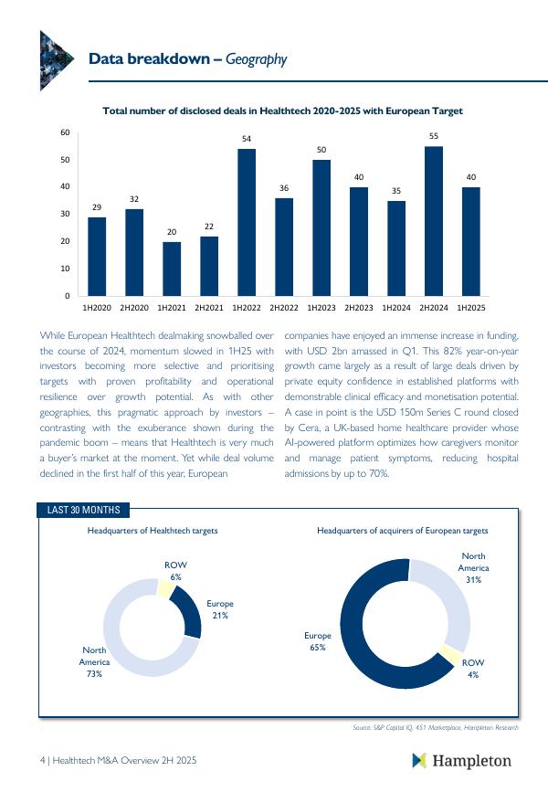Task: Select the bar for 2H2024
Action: click(434, 221)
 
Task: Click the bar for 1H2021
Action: click(172, 269)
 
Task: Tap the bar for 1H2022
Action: click(247, 222)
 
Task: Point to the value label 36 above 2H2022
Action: click(284, 188)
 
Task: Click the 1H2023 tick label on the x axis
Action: click(321, 308)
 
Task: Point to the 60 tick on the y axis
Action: click(65, 132)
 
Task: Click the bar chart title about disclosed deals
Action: click(283, 111)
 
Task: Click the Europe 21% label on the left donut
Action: click(219, 609)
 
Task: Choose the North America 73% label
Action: click(94, 661)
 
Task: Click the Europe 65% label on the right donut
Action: click(318, 640)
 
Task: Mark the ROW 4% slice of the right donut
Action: click(449, 654)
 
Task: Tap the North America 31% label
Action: click(473, 567)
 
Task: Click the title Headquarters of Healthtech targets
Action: click(153, 531)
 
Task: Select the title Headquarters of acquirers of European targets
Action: click(402, 531)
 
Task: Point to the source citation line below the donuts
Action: click(435, 728)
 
